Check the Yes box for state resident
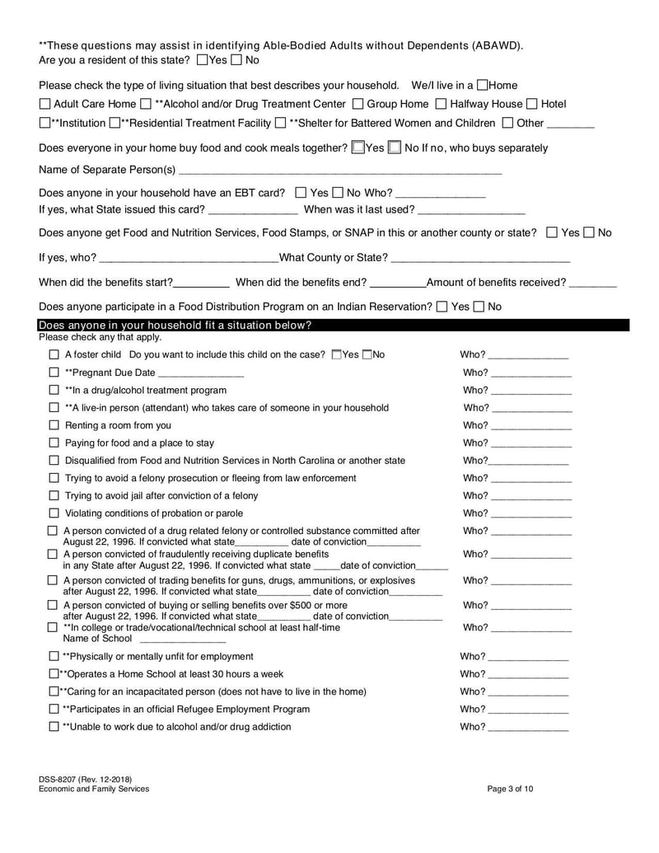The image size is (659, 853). tap(203, 60)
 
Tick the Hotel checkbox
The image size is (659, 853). tap(532, 104)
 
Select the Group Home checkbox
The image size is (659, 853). tap(358, 104)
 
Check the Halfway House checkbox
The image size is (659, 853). tap(441, 104)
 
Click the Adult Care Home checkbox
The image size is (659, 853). tap(44, 104)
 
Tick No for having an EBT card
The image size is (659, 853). tap(339, 193)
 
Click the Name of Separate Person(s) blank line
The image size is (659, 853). tap(339, 171)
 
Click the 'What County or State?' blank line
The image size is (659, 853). tap(480, 259)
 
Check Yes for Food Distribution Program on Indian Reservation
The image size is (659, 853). tap(442, 307)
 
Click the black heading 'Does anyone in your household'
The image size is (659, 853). tap(175, 325)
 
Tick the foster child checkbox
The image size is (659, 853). tap(54, 354)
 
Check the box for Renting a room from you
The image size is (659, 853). tap(54, 425)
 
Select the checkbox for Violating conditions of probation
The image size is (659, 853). tap(54, 513)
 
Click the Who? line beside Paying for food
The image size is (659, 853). tap(530, 444)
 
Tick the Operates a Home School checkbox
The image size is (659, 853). tap(54, 674)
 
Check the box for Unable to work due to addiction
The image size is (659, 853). tap(54, 727)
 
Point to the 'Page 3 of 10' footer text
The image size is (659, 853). tap(510, 789)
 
